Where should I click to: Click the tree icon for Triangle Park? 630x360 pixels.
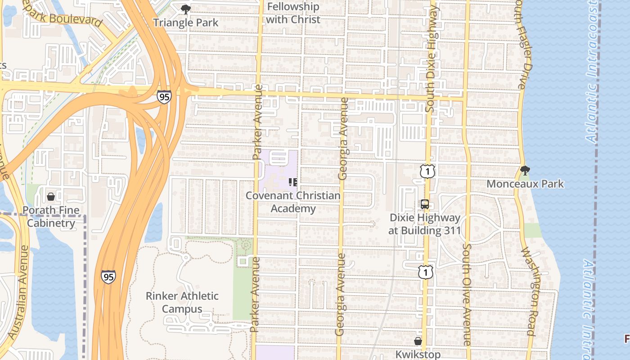click(x=185, y=9)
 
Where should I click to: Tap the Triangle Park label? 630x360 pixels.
click(x=185, y=22)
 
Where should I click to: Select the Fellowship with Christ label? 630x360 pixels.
click(x=293, y=13)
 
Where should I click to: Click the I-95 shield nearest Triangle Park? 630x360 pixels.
click(x=164, y=97)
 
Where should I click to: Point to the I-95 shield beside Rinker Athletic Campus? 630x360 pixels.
click(x=108, y=277)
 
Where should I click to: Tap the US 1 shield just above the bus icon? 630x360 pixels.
click(x=427, y=171)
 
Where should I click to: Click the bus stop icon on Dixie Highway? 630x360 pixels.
click(x=425, y=204)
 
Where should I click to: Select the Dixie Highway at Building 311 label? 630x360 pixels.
click(x=425, y=224)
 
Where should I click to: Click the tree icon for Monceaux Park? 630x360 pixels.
click(x=525, y=171)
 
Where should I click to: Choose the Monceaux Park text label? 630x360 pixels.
click(x=525, y=184)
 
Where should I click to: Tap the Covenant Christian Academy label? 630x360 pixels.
click(x=293, y=202)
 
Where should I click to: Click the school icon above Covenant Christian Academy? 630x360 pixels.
click(x=293, y=182)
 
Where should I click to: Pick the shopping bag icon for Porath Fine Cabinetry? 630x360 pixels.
click(x=51, y=197)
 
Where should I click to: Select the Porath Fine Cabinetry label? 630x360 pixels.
click(x=51, y=216)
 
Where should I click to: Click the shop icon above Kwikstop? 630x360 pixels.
click(x=418, y=341)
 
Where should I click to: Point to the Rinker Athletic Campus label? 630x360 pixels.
click(x=182, y=302)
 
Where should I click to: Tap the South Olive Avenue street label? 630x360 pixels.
click(x=467, y=295)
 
